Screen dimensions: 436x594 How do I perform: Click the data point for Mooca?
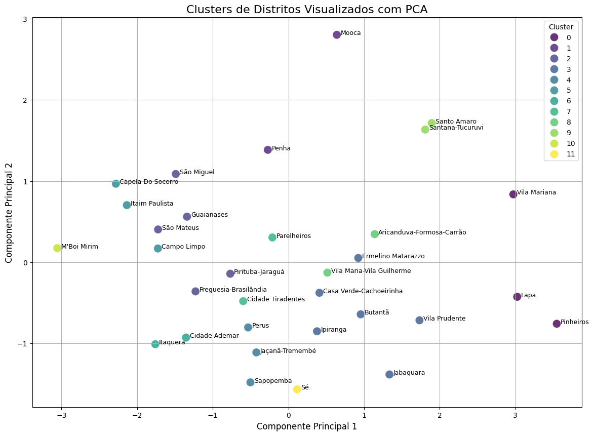coord(337,35)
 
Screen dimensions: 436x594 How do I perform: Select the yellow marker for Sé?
coord(297,389)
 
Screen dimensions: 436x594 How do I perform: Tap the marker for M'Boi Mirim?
coord(57,248)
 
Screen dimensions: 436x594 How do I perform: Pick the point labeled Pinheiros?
coord(557,324)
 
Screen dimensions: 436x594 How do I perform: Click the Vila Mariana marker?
coord(513,194)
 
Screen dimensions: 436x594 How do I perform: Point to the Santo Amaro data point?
coord(432,123)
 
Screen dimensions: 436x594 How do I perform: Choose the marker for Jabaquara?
coord(389,374)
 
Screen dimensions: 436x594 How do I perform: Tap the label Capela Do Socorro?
coord(149,182)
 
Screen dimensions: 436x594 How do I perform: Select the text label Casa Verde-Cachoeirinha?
coord(363,291)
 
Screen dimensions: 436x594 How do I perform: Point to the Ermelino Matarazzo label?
coord(393,256)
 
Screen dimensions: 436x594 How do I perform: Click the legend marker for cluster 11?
coord(554,154)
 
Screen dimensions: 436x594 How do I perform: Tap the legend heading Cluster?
coord(561,26)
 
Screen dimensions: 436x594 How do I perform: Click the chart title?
coord(307,10)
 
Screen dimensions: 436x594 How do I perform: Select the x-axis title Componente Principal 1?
coord(307,426)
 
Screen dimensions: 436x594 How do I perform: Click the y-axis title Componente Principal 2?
coord(10,213)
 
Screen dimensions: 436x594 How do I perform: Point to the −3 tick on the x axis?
coord(61,413)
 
